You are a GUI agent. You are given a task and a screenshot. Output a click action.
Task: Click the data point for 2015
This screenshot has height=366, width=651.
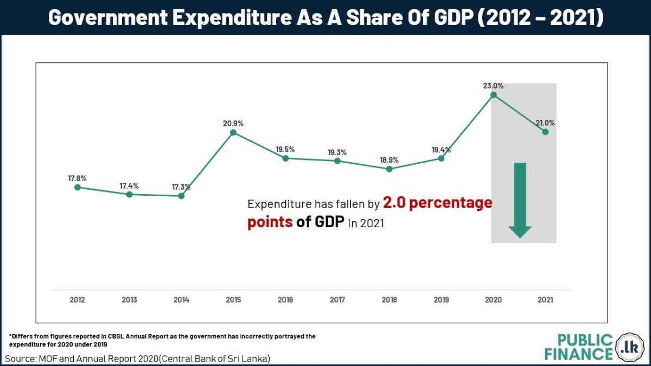(x=233, y=132)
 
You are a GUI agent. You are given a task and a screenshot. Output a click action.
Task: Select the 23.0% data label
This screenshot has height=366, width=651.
(x=493, y=86)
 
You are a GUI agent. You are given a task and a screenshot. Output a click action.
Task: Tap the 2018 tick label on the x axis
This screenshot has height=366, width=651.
(x=389, y=299)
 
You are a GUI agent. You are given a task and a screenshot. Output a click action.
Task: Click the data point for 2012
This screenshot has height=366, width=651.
(x=78, y=187)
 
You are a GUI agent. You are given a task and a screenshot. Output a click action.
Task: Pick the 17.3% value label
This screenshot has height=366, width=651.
(x=181, y=187)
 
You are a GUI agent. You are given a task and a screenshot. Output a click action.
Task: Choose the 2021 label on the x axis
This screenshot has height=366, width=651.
(x=545, y=299)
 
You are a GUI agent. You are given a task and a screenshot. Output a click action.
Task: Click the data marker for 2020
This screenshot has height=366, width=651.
(x=493, y=95)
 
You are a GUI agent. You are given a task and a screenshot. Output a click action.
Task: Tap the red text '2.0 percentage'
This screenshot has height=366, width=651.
(x=437, y=203)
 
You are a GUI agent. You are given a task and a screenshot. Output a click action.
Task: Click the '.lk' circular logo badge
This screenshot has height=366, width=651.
(x=630, y=346)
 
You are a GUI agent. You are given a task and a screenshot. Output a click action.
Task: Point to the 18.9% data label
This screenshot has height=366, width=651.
(x=389, y=160)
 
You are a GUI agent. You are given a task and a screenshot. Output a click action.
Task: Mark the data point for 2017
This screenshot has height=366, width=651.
(x=337, y=161)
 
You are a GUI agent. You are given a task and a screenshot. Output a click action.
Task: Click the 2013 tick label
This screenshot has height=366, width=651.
(x=129, y=299)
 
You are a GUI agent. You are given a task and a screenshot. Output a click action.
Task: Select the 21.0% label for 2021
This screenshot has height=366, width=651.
(x=545, y=123)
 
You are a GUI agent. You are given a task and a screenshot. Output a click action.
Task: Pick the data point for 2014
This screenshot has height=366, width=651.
(x=181, y=196)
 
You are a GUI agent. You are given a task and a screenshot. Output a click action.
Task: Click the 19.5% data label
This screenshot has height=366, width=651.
(x=285, y=149)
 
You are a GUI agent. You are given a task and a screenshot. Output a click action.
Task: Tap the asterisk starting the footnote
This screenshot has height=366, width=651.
(x=10, y=337)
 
